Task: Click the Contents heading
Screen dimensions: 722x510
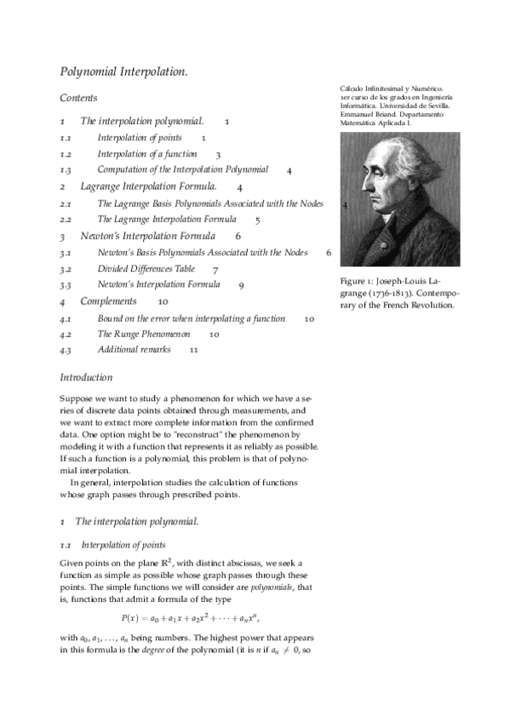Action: coord(78,99)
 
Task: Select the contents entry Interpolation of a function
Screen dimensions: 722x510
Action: coord(146,154)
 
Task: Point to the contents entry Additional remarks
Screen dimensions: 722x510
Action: coord(134,350)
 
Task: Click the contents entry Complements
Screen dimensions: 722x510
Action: coord(108,301)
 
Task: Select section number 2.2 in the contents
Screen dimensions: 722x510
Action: coord(66,220)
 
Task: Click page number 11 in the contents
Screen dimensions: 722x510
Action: coord(194,350)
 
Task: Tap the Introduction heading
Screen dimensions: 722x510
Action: coord(86,377)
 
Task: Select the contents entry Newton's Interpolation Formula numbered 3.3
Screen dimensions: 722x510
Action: coord(158,285)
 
